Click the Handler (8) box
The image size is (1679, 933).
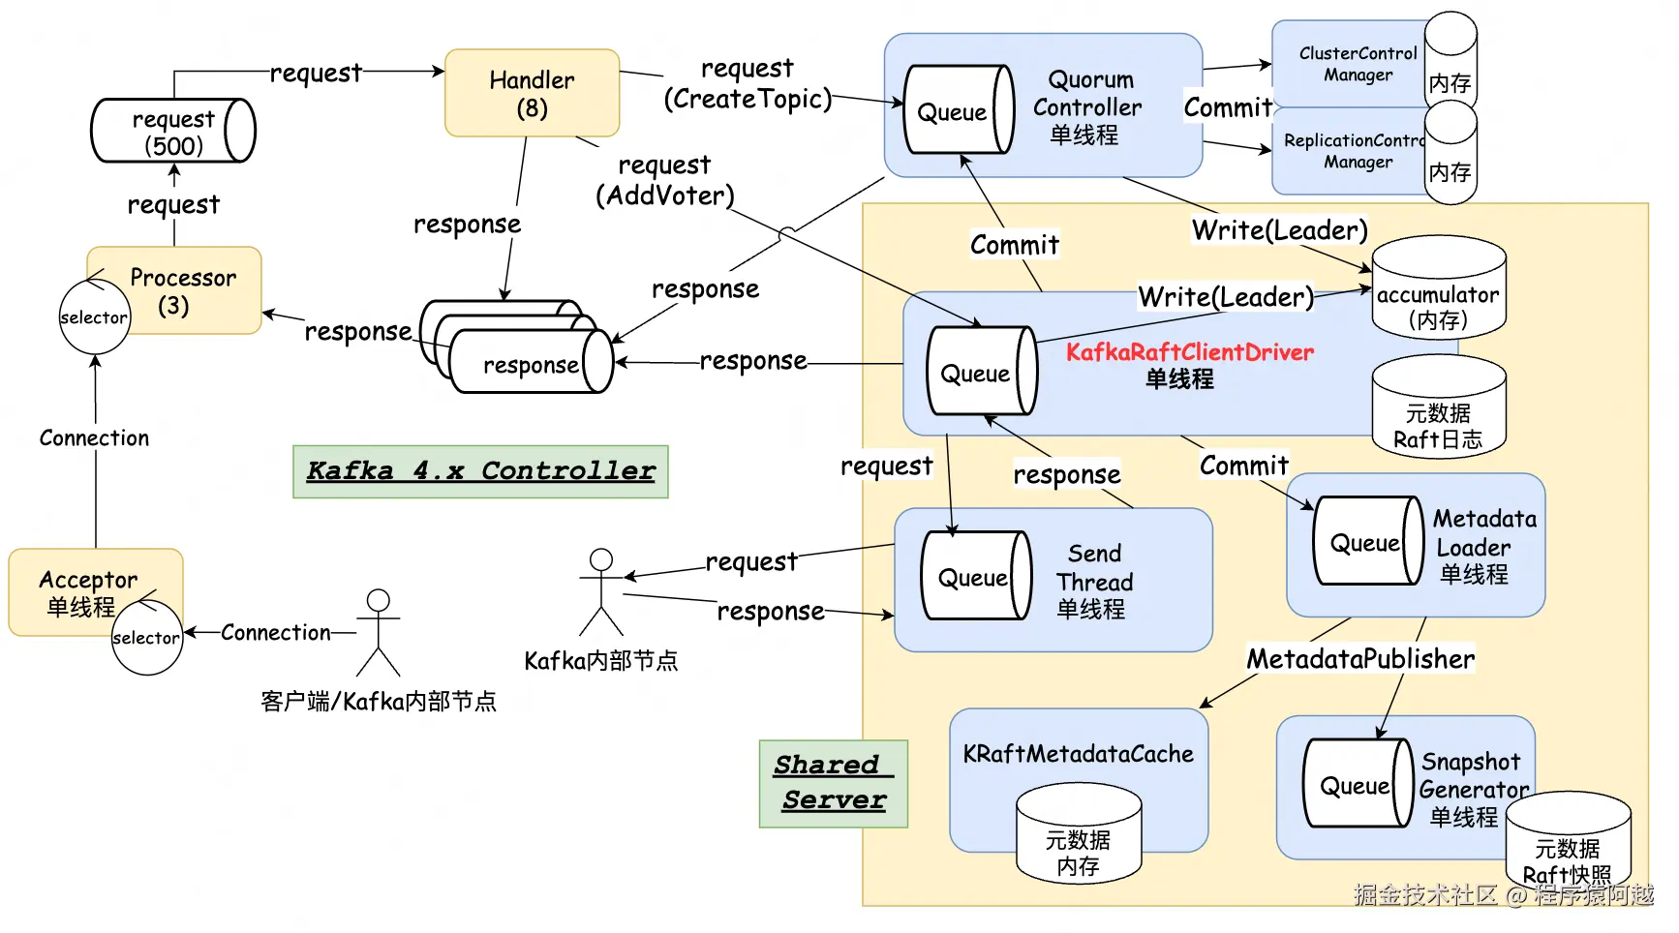(532, 93)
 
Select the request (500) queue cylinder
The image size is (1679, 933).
(172, 131)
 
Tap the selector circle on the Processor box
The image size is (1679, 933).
(94, 317)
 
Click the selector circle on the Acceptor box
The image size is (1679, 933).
(146, 637)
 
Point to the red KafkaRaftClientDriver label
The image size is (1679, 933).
(1190, 352)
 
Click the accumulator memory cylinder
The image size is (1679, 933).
(1438, 289)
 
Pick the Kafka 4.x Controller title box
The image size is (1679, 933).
(480, 471)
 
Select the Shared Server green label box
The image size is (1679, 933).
(833, 783)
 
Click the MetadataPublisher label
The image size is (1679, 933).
(1360, 659)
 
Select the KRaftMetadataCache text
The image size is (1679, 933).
(1078, 754)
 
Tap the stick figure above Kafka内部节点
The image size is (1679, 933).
(601, 591)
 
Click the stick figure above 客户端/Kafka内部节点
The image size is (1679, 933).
(378, 632)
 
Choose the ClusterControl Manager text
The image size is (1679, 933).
(1358, 64)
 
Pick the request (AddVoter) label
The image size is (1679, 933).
(665, 181)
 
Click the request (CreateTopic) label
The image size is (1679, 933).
(748, 84)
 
